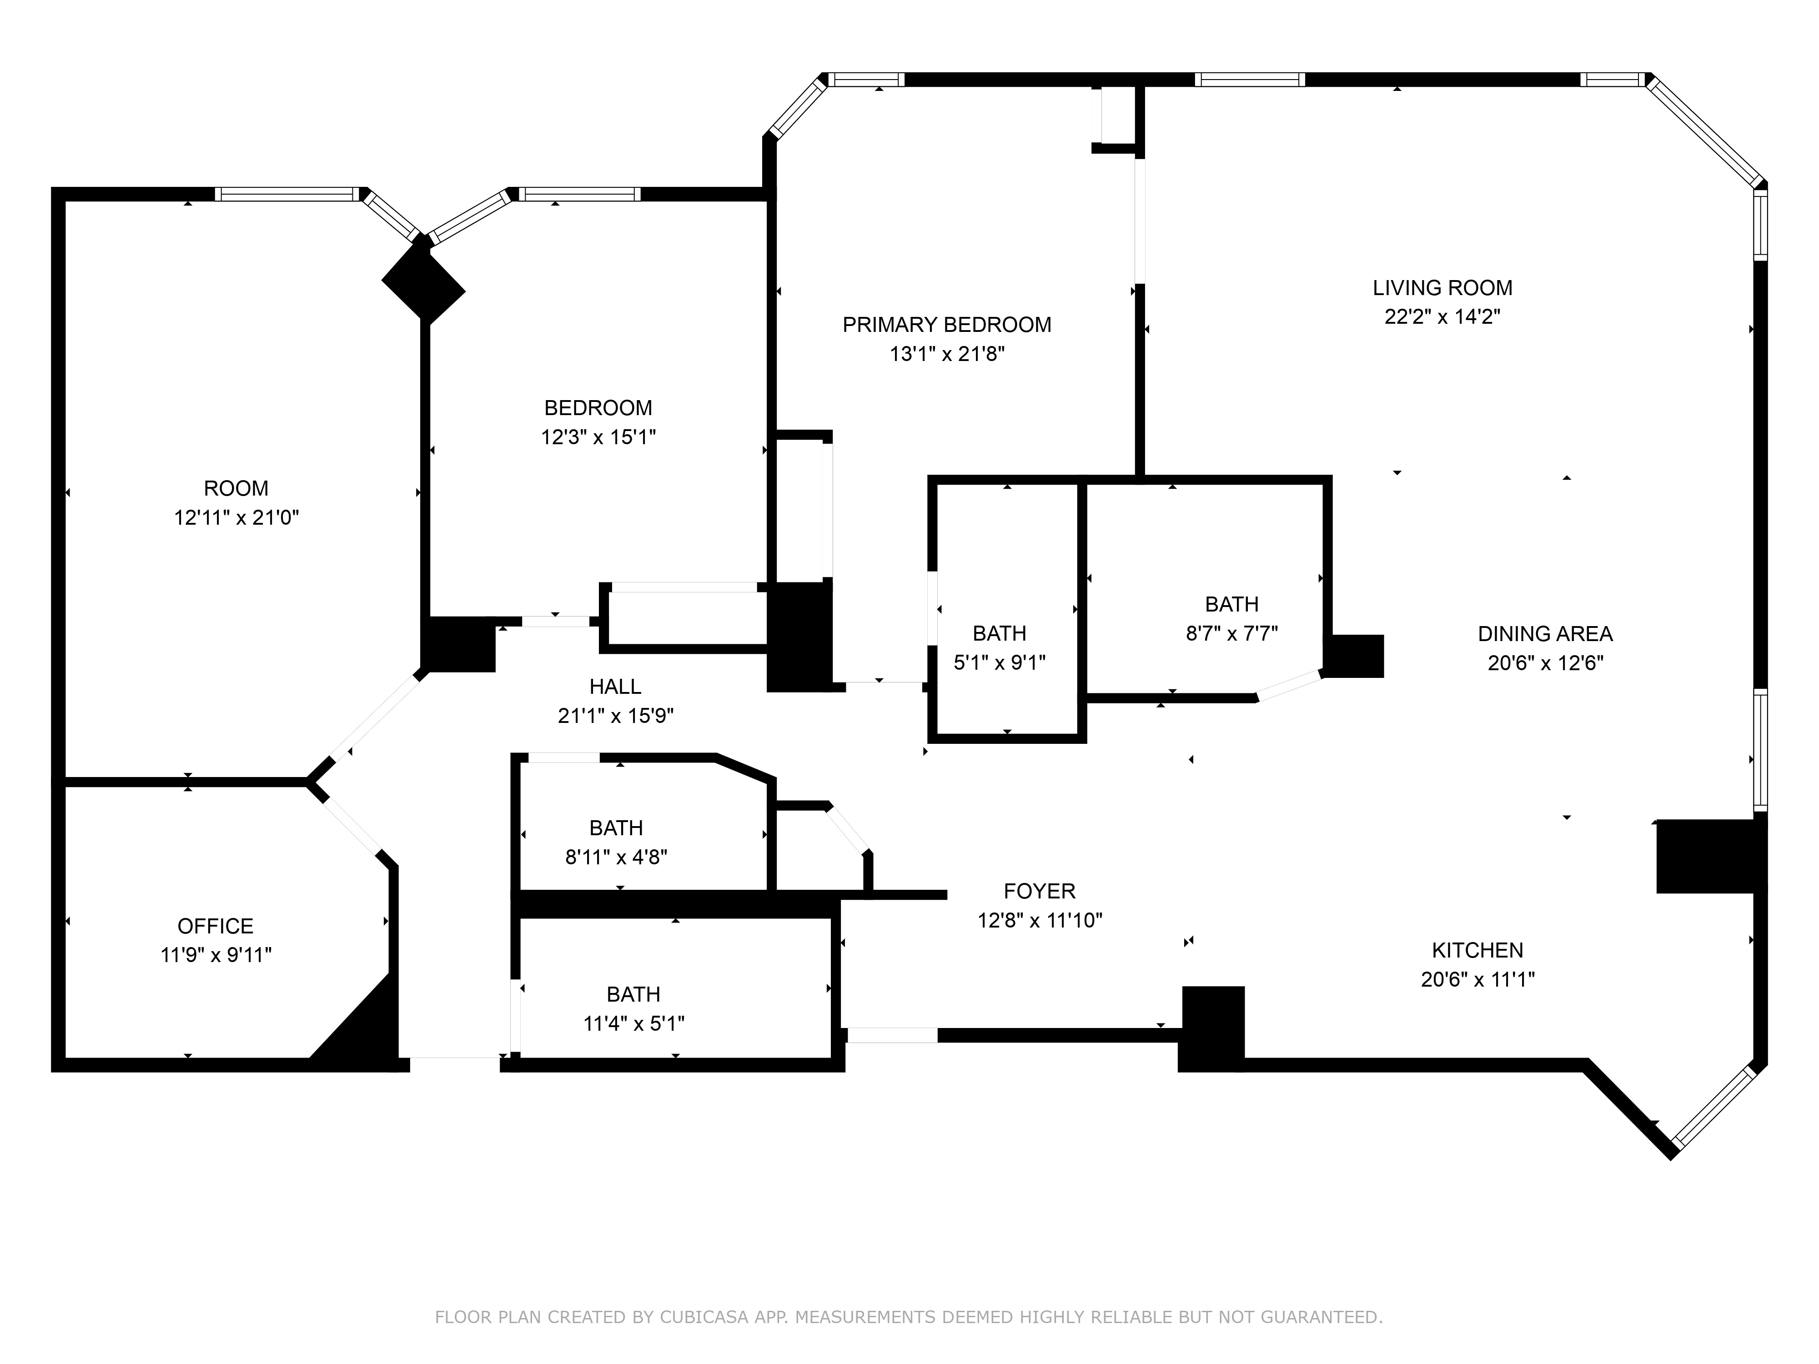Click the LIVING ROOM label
coord(1442,288)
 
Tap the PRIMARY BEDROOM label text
coord(946,325)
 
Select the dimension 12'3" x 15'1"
coord(598,436)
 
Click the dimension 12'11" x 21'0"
coord(236,517)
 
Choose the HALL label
coord(615,687)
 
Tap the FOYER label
coord(1040,891)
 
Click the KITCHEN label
coord(1478,950)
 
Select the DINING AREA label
coord(1545,634)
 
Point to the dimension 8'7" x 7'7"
coord(1232,633)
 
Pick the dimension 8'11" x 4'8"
coord(616,857)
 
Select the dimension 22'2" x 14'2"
coord(1442,316)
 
